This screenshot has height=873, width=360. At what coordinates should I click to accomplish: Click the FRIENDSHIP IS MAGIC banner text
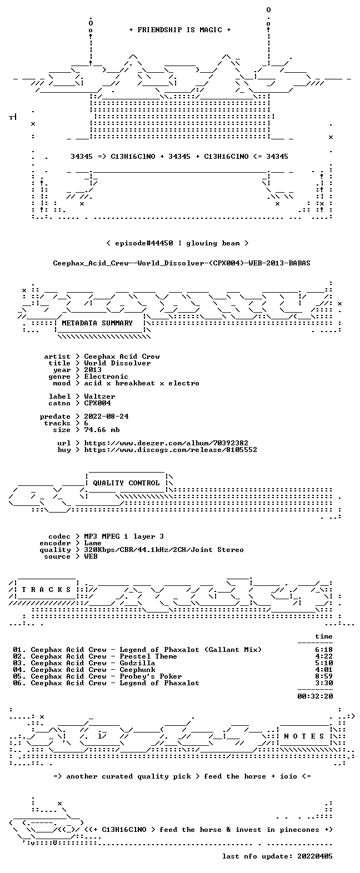click(180, 30)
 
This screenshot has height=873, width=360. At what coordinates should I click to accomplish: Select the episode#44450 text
click(144, 243)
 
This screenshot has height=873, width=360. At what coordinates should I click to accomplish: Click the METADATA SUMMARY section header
click(97, 323)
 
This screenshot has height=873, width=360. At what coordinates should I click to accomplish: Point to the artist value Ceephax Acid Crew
click(122, 357)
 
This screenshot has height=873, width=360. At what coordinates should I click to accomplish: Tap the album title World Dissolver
click(117, 363)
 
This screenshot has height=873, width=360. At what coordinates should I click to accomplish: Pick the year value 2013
click(93, 370)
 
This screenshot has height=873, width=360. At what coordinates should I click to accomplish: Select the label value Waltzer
click(99, 397)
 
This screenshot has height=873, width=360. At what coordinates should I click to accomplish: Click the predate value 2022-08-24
click(106, 417)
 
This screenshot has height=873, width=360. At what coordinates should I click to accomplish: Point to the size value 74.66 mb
click(102, 430)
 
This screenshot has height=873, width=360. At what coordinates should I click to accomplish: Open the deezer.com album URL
click(166, 443)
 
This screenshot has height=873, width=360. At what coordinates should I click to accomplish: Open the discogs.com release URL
click(171, 450)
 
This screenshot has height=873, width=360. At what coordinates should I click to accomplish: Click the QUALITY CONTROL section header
click(126, 483)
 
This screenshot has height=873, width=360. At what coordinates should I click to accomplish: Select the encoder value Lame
click(93, 543)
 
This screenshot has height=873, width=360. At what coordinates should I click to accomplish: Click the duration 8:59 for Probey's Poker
click(324, 676)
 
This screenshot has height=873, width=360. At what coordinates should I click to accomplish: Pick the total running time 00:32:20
click(315, 696)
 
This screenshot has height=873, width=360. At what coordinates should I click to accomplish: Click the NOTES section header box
click(304, 736)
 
